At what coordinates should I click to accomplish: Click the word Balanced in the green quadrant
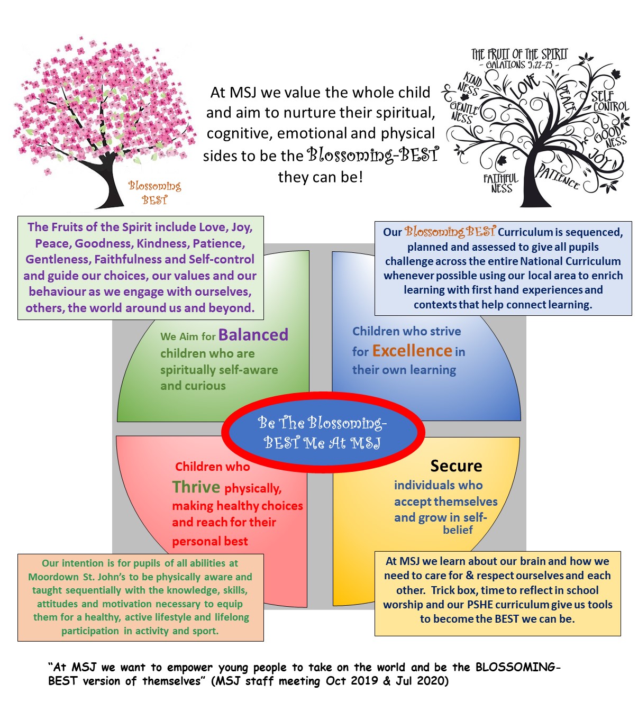tap(253, 335)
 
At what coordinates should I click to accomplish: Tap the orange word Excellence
tap(412, 351)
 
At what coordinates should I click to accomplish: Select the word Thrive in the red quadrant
tap(196, 487)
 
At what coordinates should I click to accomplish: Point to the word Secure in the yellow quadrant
tap(456, 466)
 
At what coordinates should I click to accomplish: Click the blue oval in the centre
tap(323, 432)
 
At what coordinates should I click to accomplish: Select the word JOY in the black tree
tap(600, 157)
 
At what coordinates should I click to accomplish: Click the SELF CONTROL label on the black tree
tap(609, 101)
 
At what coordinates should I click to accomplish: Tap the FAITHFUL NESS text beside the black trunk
tap(500, 183)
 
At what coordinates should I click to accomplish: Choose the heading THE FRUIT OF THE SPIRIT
tap(519, 54)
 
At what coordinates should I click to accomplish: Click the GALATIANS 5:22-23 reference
tap(519, 65)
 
